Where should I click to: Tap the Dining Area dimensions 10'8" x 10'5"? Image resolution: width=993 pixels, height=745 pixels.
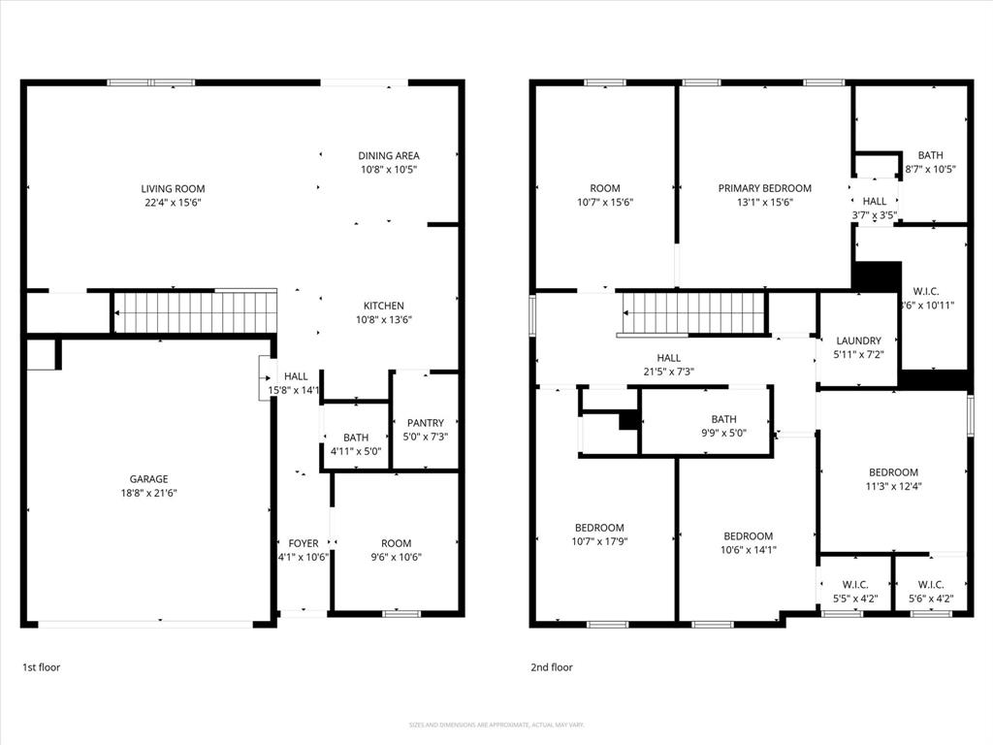[388, 170]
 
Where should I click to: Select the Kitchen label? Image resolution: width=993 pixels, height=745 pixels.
[383, 306]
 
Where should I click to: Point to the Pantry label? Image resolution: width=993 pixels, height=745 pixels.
[426, 423]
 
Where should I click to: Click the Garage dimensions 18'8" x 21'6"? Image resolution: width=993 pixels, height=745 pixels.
[148, 493]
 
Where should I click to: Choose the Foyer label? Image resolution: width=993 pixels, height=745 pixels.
[304, 543]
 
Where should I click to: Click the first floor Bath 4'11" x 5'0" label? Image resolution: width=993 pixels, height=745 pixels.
[356, 438]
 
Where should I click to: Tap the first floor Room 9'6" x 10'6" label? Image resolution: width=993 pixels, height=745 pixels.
[396, 543]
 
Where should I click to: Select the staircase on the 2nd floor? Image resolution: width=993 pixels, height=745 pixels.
[694, 312]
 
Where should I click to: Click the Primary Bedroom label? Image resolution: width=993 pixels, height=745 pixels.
[764, 188]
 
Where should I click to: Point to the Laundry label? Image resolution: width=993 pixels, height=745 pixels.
[859, 340]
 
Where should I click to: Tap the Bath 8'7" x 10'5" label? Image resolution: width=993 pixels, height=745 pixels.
[930, 155]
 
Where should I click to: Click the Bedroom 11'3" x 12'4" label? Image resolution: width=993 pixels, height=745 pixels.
[893, 472]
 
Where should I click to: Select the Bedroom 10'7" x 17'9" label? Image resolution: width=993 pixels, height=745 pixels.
[598, 528]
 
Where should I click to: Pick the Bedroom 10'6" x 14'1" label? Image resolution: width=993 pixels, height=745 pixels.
[748, 536]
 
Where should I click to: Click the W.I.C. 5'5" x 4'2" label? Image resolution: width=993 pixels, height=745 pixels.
[854, 584]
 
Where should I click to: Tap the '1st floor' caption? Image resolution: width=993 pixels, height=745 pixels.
[41, 667]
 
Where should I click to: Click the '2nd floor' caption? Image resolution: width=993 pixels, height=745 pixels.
[551, 667]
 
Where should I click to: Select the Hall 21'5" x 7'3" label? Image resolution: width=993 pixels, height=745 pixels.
[668, 358]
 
